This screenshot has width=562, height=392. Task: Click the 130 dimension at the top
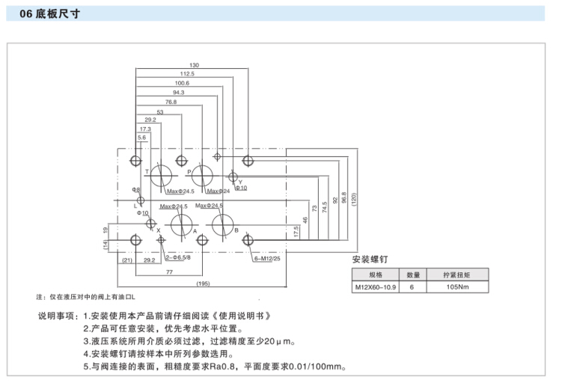point(193,65)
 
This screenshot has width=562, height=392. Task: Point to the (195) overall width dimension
point(203,284)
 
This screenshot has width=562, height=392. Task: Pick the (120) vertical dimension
point(354,200)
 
